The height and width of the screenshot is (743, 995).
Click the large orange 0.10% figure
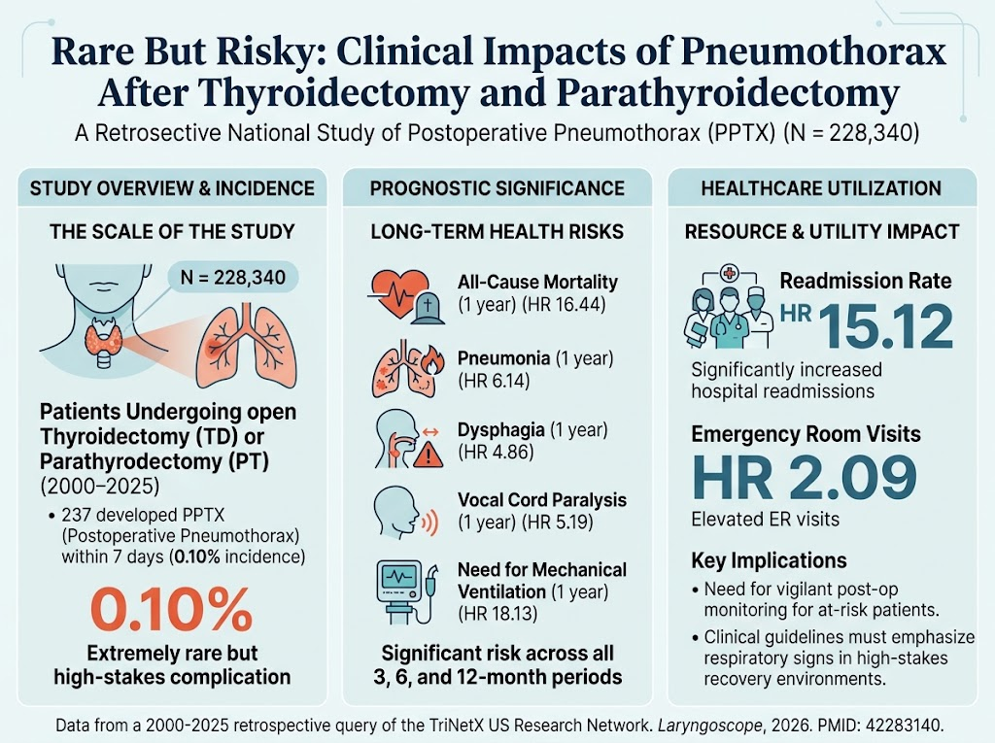pyautogui.click(x=171, y=609)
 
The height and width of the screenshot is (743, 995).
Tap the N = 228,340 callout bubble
pyautogui.click(x=233, y=277)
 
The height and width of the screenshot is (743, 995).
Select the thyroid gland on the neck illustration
pyautogui.click(x=103, y=336)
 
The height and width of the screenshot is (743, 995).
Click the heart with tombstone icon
pyautogui.click(x=407, y=296)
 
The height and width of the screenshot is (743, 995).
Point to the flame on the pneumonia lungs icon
pyautogui.click(x=433, y=361)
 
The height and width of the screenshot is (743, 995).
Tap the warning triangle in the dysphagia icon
pyautogui.click(x=429, y=455)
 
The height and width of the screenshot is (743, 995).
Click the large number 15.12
pyautogui.click(x=886, y=326)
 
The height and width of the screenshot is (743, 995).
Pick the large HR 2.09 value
pyautogui.click(x=804, y=477)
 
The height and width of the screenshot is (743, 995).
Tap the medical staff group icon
pyautogui.click(x=729, y=307)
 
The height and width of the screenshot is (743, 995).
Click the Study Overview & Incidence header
pyautogui.click(x=172, y=188)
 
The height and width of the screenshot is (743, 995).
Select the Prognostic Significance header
pyautogui.click(x=497, y=188)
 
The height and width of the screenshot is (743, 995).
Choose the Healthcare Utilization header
pyautogui.click(x=821, y=188)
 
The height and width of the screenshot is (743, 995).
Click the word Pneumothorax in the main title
pyautogui.click(x=814, y=52)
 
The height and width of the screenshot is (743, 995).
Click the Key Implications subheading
pyautogui.click(x=769, y=561)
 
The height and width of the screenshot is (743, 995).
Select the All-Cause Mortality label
pyautogui.click(x=537, y=282)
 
